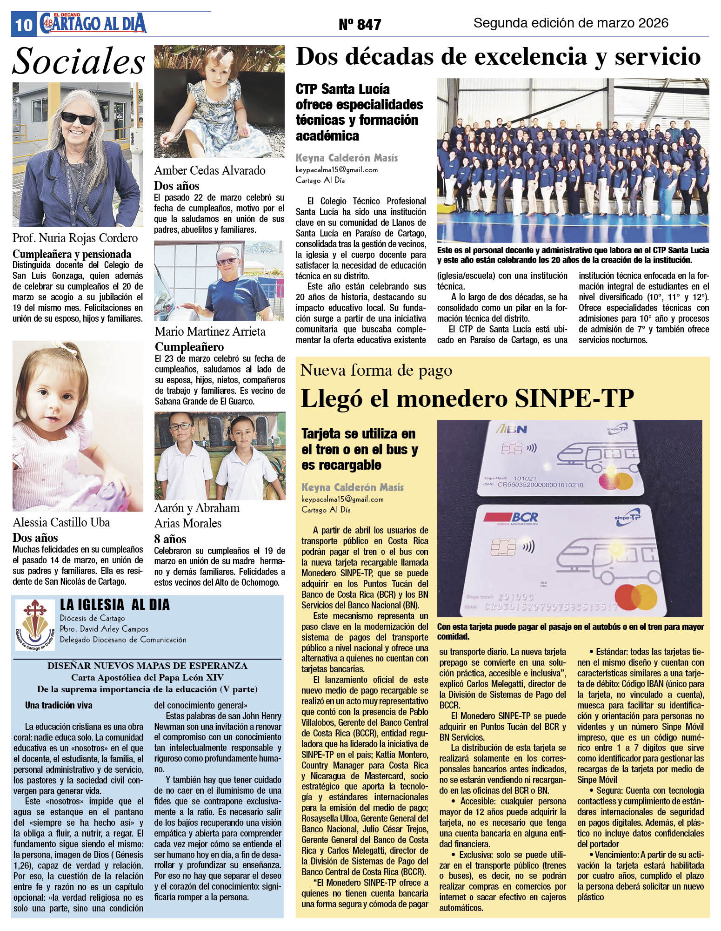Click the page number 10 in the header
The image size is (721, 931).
click(x=23, y=25)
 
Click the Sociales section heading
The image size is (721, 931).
click(x=78, y=61)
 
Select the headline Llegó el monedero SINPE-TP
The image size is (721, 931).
click(x=467, y=398)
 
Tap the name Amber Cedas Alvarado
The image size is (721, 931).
click(x=210, y=170)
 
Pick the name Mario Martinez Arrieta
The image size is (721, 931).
click(x=210, y=331)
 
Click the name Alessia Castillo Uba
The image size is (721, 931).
click(x=61, y=522)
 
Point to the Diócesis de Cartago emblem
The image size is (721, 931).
click(x=35, y=624)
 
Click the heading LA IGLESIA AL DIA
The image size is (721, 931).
click(x=115, y=605)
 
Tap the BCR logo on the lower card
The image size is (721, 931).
click(x=511, y=517)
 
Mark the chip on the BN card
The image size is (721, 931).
click(x=509, y=449)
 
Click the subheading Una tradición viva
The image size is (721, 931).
click(x=59, y=705)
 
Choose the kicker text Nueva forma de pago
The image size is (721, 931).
click(x=376, y=371)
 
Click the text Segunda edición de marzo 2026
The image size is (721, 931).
click(x=571, y=23)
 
